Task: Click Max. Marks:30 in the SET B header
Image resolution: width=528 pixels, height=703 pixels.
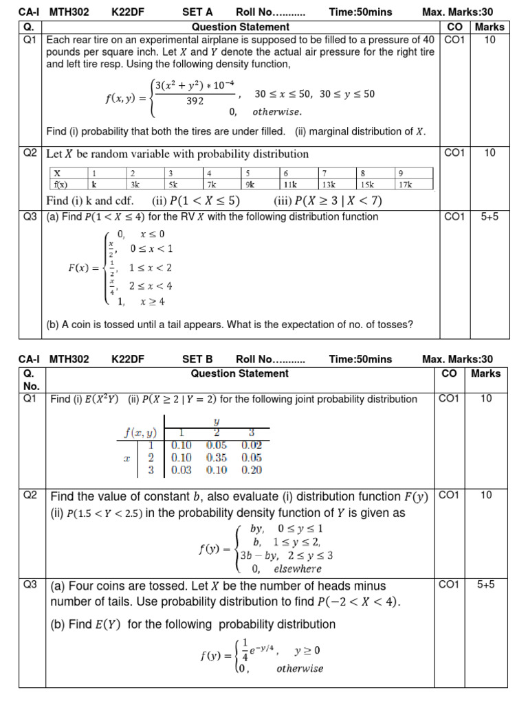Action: point(457,359)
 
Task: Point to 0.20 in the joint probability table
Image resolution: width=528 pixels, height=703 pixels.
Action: point(251,470)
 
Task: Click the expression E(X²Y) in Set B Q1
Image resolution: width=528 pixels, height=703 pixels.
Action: point(99,399)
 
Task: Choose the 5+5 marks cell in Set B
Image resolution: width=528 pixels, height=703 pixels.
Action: point(486,585)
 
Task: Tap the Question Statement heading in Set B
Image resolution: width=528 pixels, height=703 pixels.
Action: point(239,373)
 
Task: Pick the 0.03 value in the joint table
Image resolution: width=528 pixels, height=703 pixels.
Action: point(181,470)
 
